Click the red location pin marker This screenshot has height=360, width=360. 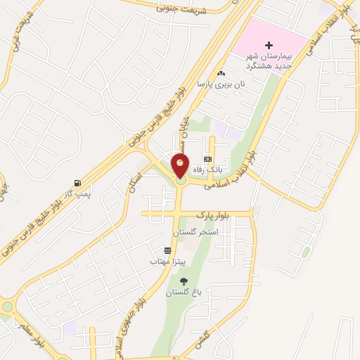tap(181, 166)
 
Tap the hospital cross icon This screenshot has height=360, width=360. tap(268, 45)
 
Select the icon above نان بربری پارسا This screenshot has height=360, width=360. tap(221, 73)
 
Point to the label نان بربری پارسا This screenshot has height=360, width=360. tap(221, 84)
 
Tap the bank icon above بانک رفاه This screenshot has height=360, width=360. tap(207, 159)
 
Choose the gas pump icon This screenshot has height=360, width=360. tap(77, 181)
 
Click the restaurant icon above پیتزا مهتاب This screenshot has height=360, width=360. tap(167, 250)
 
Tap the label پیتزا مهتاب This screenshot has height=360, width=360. tap(167, 261)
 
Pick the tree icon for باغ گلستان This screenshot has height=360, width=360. tap(184, 281)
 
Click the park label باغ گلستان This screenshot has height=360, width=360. tap(184, 292)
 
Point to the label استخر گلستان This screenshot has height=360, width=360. tap(196, 231)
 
